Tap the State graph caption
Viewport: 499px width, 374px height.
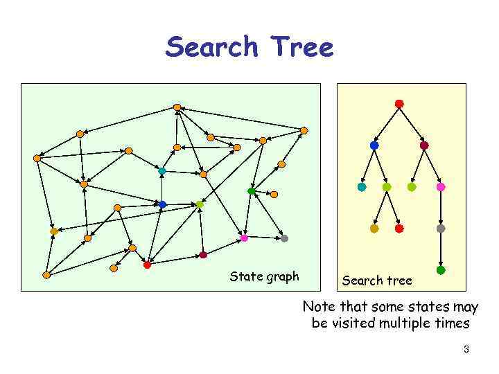click(264, 277)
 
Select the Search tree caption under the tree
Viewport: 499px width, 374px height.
click(376, 280)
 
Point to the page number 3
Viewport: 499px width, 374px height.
click(466, 350)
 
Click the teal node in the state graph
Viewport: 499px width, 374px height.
click(162, 170)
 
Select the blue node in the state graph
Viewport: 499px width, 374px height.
click(162, 204)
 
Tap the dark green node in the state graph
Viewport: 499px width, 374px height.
click(252, 191)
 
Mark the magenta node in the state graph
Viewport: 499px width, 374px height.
click(244, 238)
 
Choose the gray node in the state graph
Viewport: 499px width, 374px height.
click(284, 238)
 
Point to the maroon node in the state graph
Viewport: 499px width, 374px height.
click(203, 255)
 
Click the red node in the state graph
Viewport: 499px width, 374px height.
click(147, 265)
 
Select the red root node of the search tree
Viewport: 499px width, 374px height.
click(399, 104)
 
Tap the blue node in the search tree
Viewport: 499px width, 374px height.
click(374, 145)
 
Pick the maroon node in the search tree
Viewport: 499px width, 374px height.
click(424, 145)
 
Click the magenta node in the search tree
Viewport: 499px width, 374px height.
click(441, 187)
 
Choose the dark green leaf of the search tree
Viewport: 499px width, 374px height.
click(441, 270)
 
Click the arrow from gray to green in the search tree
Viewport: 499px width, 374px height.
click(441, 249)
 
